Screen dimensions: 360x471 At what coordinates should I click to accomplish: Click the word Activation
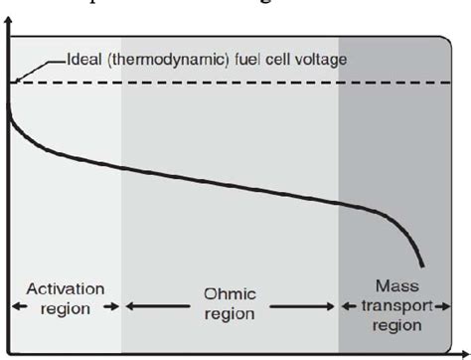tap(65, 289)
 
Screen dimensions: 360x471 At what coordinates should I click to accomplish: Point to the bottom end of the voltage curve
tap(424, 265)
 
